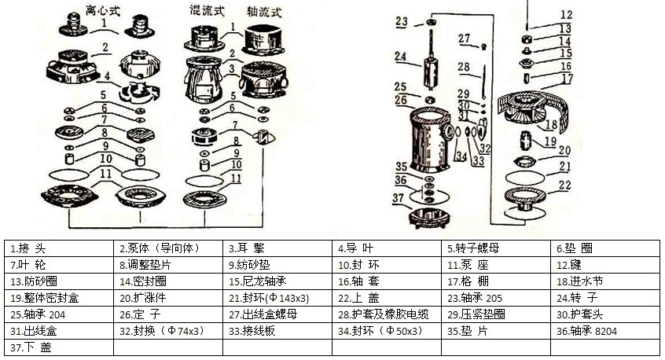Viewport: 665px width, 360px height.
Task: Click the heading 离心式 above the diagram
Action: (x=103, y=9)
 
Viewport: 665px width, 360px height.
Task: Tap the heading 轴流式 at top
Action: (x=264, y=12)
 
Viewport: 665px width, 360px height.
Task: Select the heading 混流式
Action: (x=207, y=10)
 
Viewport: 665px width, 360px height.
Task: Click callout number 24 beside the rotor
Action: (x=400, y=57)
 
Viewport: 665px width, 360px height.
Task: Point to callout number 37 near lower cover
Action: (x=398, y=197)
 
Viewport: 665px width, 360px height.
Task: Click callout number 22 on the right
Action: (x=565, y=186)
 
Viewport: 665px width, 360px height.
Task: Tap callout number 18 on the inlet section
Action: (x=551, y=125)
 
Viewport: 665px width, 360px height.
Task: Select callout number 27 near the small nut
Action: (x=465, y=39)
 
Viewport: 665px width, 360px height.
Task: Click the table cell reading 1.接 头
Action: (x=59, y=248)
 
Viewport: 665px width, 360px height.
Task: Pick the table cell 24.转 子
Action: (x=605, y=298)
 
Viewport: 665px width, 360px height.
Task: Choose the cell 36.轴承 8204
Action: (x=605, y=331)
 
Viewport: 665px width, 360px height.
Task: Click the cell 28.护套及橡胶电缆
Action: (x=387, y=314)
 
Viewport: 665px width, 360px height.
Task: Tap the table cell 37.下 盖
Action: (x=59, y=347)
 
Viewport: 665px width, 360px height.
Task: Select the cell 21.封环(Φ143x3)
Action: (x=277, y=298)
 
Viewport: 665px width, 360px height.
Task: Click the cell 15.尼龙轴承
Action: (x=277, y=281)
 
